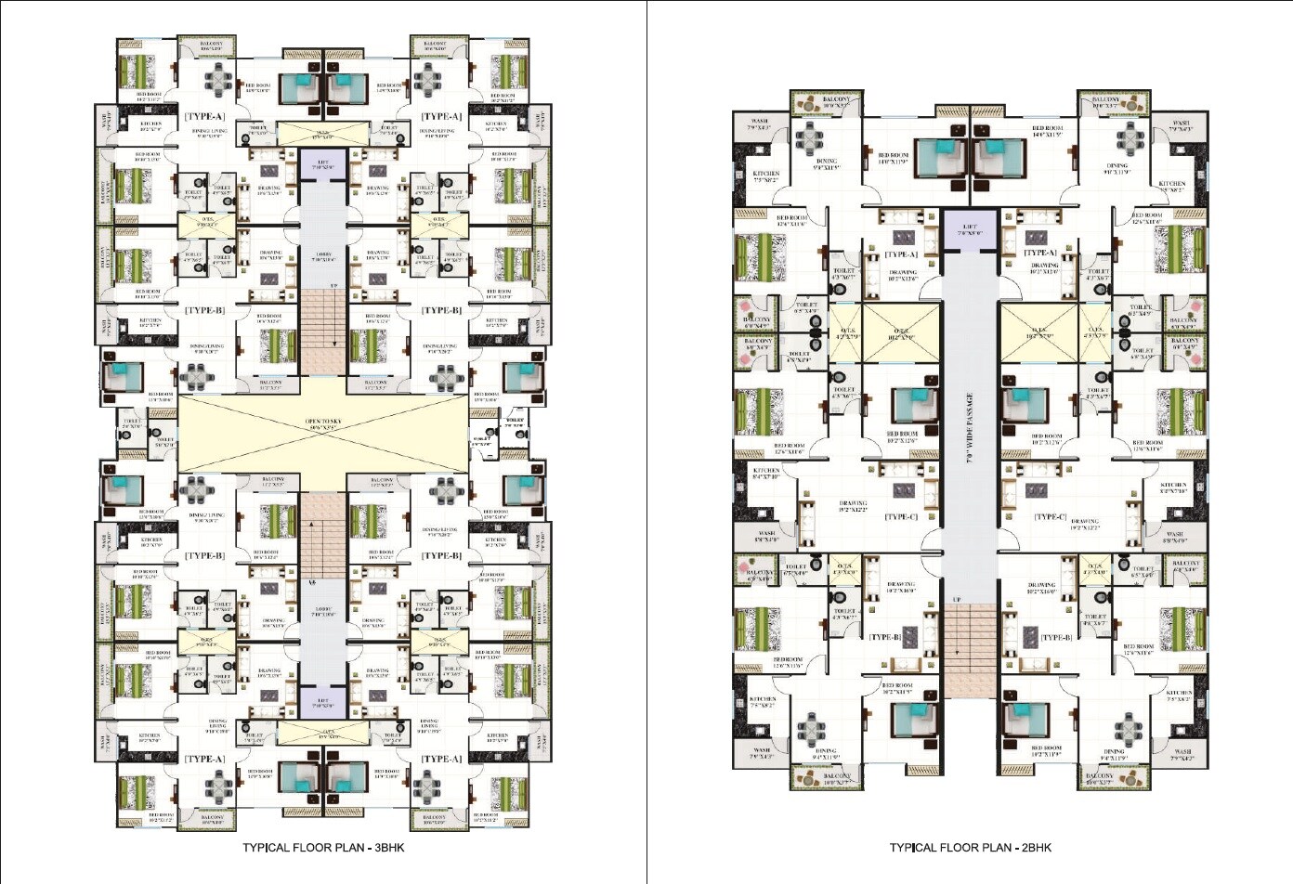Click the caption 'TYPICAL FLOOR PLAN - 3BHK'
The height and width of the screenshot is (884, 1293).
(323, 848)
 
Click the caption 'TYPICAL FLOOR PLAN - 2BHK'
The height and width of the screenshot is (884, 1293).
(970, 848)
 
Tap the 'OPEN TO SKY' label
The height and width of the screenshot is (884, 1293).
(323, 423)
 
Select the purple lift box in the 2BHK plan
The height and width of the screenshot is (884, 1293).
(970, 229)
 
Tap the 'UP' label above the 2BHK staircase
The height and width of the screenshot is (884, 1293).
(956, 599)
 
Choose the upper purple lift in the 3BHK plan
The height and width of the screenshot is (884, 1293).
(323, 165)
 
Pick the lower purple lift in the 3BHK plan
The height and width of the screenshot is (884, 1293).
(323, 702)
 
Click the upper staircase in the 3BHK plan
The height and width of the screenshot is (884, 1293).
(323, 330)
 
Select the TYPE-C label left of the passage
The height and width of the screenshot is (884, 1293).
(901, 517)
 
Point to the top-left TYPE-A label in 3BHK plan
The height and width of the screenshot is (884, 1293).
(204, 117)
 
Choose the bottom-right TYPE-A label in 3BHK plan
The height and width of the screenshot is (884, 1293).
(441, 759)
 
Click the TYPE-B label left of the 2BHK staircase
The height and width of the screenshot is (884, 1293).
(884, 638)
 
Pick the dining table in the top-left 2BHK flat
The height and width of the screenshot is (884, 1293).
(810, 140)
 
